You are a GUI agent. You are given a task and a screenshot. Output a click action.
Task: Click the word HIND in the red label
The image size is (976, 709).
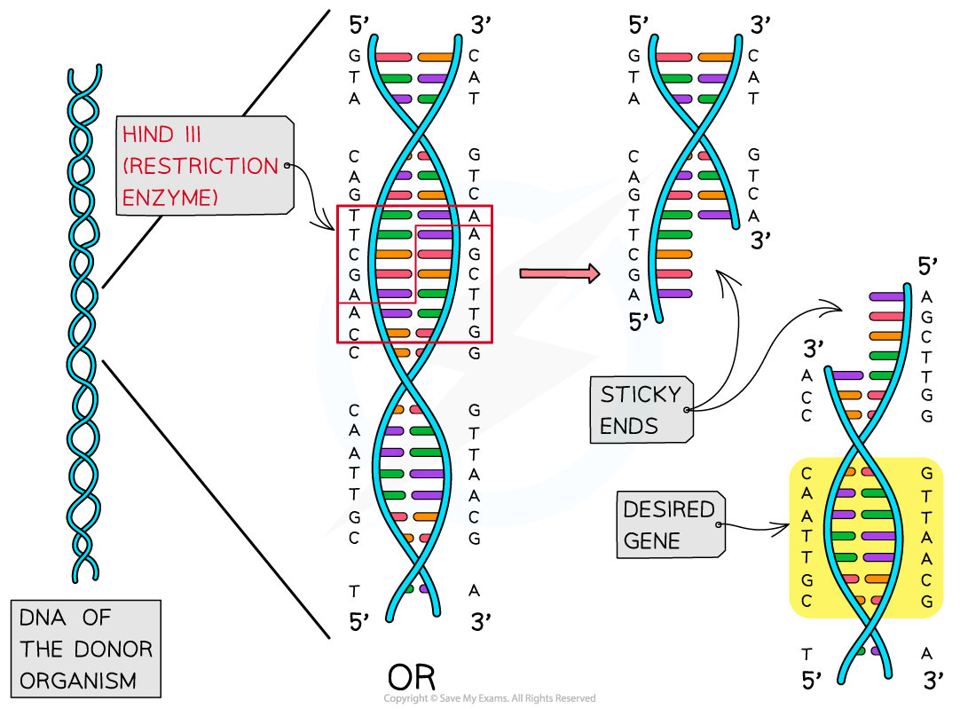tap(146, 136)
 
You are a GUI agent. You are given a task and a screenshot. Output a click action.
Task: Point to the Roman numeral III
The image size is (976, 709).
tap(189, 136)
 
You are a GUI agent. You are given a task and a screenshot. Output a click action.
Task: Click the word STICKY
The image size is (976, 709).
tap(641, 395)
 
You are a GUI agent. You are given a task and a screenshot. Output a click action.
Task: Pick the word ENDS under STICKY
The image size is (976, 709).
tap(628, 427)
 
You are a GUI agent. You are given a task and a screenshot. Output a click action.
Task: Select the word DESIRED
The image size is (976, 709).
tap(668, 510)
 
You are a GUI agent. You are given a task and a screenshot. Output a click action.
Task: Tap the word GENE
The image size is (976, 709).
tap(651, 541)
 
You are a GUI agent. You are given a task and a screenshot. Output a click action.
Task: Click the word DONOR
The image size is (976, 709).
tap(114, 649)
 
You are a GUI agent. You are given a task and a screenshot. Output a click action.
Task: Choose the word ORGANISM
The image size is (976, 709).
tap(78, 681)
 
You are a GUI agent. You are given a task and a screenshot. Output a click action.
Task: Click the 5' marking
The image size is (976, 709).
tap(638, 323)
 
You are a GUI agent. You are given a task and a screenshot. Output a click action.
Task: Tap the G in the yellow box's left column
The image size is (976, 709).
tap(807, 580)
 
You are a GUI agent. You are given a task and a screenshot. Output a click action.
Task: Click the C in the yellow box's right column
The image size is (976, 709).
tap(926, 580)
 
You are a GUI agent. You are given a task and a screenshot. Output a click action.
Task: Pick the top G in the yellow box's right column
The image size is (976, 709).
tap(926, 474)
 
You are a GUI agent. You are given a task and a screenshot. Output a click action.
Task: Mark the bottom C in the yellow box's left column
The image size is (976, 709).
tap(807, 601)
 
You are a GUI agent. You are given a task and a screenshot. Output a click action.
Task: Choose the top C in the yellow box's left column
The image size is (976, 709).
tap(807, 474)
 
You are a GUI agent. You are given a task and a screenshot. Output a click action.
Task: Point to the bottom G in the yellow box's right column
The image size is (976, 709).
tap(926, 601)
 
